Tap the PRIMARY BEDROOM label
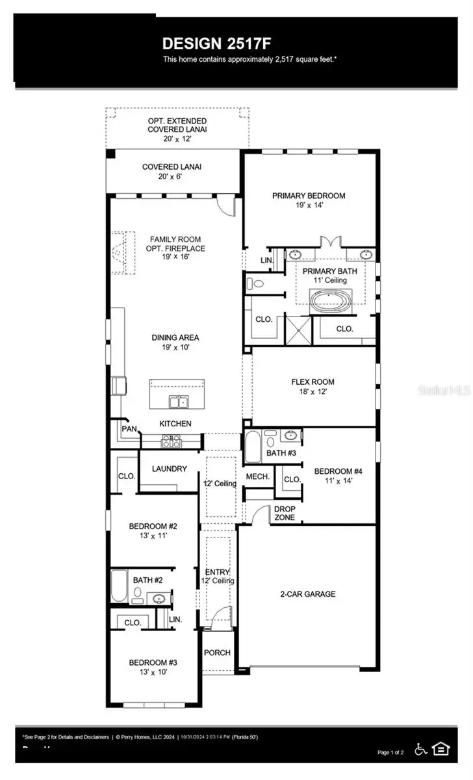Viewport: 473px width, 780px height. tap(309, 195)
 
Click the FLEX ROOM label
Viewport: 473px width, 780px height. tap(313, 382)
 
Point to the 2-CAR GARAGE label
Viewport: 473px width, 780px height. tap(307, 593)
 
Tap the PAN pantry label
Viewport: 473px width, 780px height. tap(129, 429)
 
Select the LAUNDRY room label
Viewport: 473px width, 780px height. tap(169, 469)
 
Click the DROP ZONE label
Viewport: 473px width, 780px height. tap(284, 513)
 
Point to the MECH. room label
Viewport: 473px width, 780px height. tap(257, 476)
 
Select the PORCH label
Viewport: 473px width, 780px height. tap(217, 653)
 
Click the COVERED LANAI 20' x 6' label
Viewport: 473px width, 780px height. tap(172, 172)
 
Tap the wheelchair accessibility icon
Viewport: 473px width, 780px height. tap(420, 749)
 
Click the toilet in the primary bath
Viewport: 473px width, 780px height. tap(257, 283)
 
